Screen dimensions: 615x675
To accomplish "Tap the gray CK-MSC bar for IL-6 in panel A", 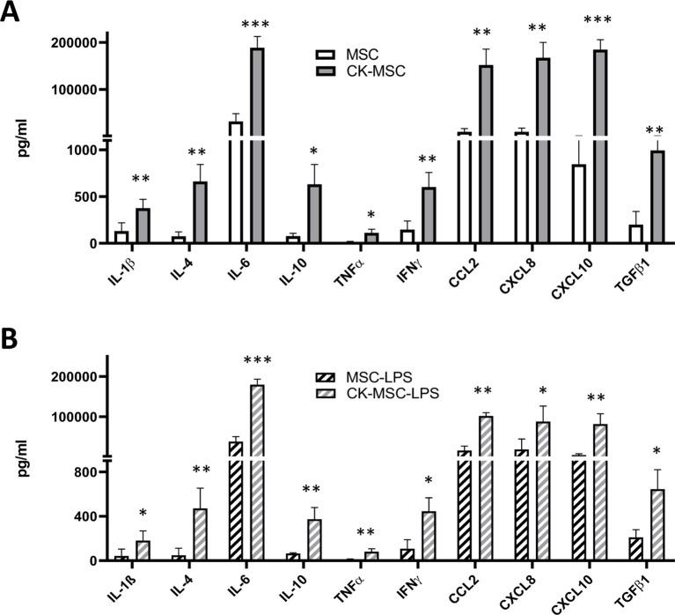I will pyautogui.click(x=257, y=145).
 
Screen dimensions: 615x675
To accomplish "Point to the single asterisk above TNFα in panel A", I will pyautogui.click(x=371, y=216).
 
